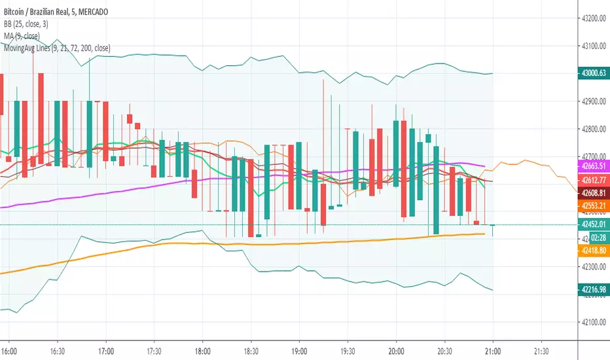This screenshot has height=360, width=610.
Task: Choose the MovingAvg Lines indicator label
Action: click(x=56, y=48)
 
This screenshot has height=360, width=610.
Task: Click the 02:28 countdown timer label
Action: click(x=599, y=238)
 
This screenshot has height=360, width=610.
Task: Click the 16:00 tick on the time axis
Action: click(x=10, y=350)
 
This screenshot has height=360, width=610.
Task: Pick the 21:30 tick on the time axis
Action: click(x=541, y=350)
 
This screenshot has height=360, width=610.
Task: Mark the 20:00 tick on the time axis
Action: click(x=396, y=350)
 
